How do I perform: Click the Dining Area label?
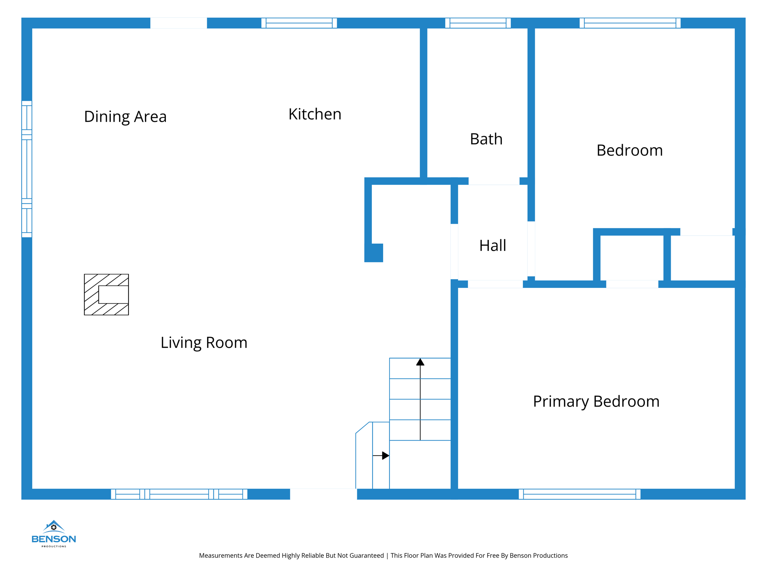[125, 117]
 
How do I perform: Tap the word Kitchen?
[315, 114]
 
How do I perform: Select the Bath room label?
[486, 139]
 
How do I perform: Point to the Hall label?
[492, 246]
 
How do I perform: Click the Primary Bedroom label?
[596, 401]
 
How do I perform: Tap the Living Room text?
[204, 343]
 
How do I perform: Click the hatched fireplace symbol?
[106, 295]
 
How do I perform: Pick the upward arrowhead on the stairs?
[420, 362]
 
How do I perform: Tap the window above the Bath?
[478, 23]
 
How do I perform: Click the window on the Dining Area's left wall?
[27, 169]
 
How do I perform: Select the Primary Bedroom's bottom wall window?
[579, 494]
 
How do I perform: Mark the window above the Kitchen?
[299, 23]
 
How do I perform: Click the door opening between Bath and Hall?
[494, 181]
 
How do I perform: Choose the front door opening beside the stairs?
[323, 493]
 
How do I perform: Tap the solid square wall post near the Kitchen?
[374, 253]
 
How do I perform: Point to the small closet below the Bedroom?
[632, 258]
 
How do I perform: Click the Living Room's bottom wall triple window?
[179, 494]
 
